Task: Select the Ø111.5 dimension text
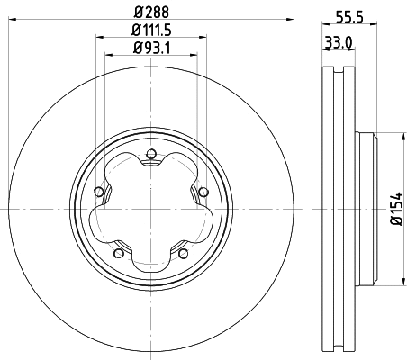[150, 31]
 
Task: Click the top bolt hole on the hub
[150, 155]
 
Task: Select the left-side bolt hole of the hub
[97, 191]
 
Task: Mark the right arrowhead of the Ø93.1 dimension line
[194, 57]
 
